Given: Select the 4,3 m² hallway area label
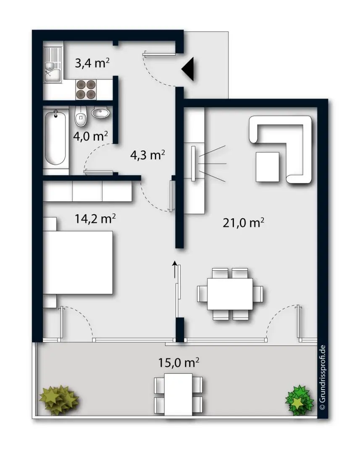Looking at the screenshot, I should point(147,155).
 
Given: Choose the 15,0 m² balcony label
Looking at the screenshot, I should point(179,362).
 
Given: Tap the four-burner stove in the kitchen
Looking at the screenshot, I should point(86,89).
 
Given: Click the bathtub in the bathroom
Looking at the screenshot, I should point(56,139).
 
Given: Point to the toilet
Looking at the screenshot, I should point(81,117).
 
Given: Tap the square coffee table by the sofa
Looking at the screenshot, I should point(267,166).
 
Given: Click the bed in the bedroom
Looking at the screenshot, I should point(80,262).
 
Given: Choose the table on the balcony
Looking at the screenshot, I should point(179,394).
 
